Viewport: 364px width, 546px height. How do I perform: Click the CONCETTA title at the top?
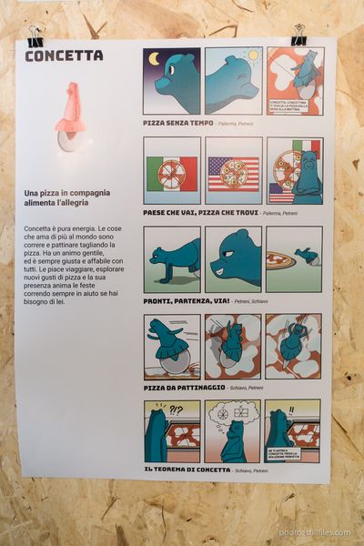pyautogui.click(x=64, y=56)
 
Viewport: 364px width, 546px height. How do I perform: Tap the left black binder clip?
pyautogui.click(x=35, y=37)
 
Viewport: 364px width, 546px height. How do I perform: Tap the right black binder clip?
pyautogui.click(x=298, y=35)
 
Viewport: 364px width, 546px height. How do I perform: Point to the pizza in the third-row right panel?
pyautogui.click(x=280, y=260)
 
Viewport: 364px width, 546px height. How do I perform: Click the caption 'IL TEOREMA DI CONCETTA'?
pyautogui.click(x=187, y=470)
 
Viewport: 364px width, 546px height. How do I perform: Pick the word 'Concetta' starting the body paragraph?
pyautogui.click(x=37, y=227)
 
